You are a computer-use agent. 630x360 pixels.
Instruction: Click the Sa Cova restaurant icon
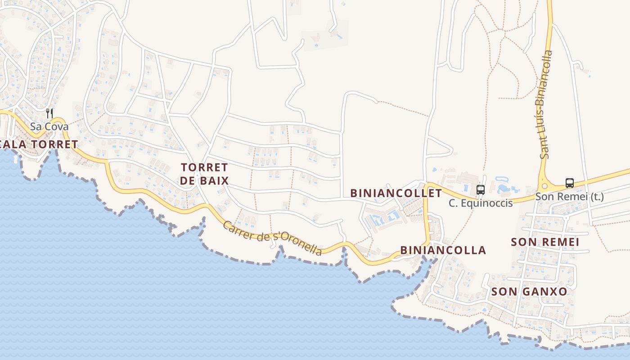(49, 113)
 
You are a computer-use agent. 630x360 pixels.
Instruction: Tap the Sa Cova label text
(49, 126)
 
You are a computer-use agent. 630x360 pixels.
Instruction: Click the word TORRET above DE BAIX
(204, 167)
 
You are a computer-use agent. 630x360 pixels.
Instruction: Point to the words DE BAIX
(204, 181)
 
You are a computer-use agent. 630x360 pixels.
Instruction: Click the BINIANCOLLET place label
(396, 193)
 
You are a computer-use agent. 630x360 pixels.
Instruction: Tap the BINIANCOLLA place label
(443, 250)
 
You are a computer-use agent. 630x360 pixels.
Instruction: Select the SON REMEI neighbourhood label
(544, 242)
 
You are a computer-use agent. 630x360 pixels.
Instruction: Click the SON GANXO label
(529, 292)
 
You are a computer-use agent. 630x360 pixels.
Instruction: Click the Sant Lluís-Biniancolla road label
(546, 104)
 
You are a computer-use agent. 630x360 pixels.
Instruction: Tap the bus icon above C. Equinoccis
(481, 190)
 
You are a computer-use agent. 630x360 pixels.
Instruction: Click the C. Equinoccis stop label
(481, 203)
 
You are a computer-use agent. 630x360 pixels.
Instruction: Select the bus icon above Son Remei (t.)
(570, 183)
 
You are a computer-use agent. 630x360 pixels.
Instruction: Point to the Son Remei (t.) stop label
(570, 197)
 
